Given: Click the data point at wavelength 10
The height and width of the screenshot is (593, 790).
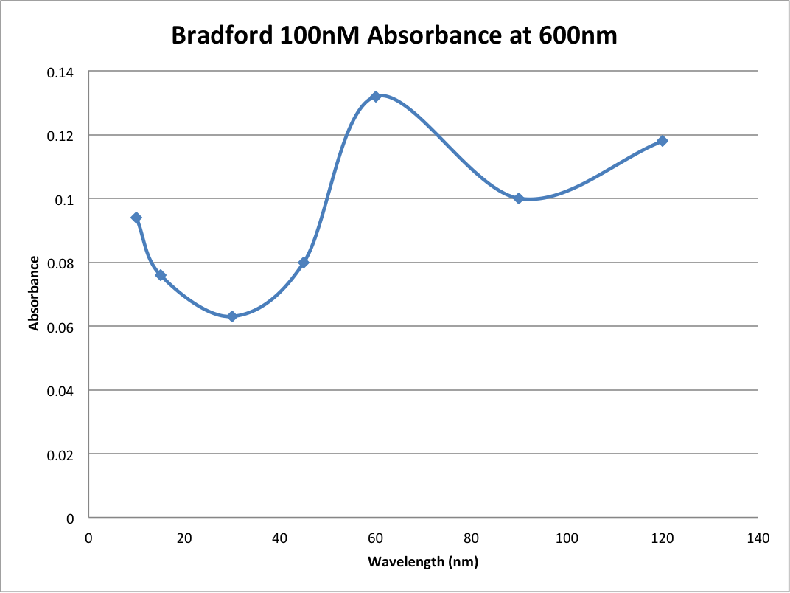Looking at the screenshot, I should point(136,218).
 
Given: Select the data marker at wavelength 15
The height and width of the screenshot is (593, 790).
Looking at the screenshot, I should point(161,275).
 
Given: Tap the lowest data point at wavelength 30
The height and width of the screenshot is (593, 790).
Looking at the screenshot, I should point(232,316).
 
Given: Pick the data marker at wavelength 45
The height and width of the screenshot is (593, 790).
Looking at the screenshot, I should point(304,263).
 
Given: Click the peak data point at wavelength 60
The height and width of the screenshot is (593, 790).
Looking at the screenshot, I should point(375,97).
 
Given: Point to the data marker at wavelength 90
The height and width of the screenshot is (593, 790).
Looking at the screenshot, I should point(519,198).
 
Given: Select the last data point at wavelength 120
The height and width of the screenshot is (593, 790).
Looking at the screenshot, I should point(662,141).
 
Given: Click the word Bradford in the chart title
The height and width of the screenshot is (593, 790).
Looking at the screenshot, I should point(222,35).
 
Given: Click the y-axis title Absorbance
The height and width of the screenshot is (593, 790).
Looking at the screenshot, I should point(34,293).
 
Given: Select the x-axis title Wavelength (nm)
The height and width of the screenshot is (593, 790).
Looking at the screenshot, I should point(423,562).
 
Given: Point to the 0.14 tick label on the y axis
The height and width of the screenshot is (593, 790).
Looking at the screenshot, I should point(61,72).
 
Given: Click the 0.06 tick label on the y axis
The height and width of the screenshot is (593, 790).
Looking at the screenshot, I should point(61,327).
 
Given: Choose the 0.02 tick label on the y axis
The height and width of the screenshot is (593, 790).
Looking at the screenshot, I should point(61,454).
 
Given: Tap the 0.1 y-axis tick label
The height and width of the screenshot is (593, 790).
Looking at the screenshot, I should point(66,199).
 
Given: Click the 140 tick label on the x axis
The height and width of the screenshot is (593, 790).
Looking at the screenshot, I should point(758,538).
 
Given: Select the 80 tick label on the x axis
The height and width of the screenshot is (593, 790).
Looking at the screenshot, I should point(471,538).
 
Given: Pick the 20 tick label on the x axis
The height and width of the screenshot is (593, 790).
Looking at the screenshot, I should point(184,538).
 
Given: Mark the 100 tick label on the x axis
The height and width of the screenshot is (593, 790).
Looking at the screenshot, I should point(567,538).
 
